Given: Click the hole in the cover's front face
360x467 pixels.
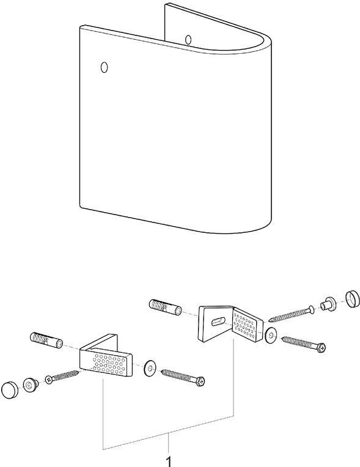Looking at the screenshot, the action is click(x=104, y=67).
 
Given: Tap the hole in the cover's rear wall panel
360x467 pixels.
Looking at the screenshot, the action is click(x=188, y=39).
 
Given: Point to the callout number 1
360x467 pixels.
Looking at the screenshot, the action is click(x=169, y=461).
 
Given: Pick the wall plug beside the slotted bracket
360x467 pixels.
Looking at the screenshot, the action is click(x=165, y=307).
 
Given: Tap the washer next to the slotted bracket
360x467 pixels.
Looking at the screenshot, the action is click(x=271, y=336).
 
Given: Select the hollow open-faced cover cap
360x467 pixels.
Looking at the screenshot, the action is click(x=352, y=299).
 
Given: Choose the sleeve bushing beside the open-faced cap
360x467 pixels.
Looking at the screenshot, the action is click(x=328, y=304).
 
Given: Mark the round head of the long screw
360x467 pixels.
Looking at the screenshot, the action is click(x=310, y=308).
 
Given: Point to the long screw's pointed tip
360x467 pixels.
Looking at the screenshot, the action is click(x=270, y=320).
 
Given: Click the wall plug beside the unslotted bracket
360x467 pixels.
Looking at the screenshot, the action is click(x=46, y=340).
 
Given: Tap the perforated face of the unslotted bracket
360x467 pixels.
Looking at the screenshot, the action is click(x=107, y=363).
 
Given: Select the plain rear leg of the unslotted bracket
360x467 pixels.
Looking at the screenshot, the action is click(x=100, y=341).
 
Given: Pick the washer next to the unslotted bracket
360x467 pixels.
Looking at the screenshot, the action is click(x=150, y=369).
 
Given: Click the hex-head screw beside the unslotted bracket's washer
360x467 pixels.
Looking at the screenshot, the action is click(x=183, y=377).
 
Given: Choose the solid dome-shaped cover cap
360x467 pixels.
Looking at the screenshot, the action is click(x=10, y=389).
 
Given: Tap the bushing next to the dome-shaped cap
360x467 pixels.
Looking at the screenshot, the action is click(x=31, y=384).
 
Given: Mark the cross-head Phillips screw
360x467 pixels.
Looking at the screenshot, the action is click(x=62, y=376).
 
